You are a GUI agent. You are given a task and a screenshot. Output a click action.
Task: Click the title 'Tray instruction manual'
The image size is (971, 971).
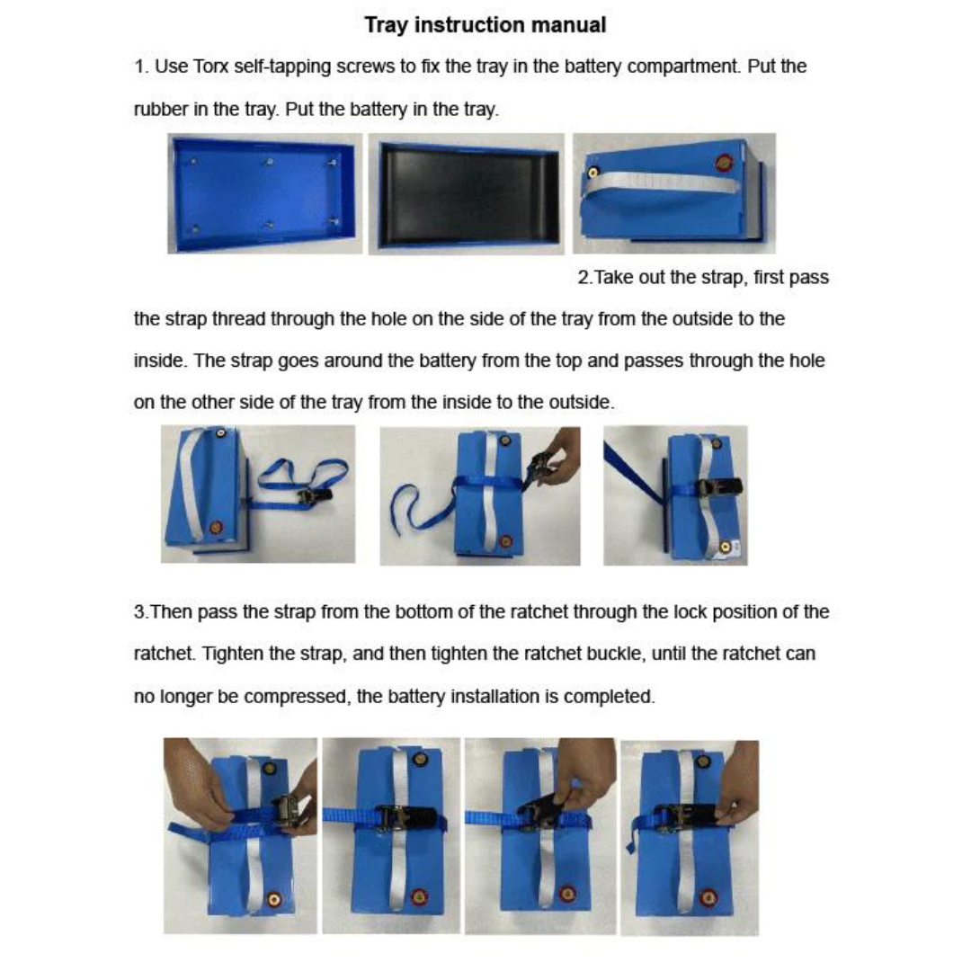coord(485,25)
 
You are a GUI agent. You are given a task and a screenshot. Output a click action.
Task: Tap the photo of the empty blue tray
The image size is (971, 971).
coord(265,193)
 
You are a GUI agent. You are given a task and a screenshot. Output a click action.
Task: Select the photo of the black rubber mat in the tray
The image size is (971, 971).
coord(467,193)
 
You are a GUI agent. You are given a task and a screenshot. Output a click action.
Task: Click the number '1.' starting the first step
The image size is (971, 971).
coord(141,67)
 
